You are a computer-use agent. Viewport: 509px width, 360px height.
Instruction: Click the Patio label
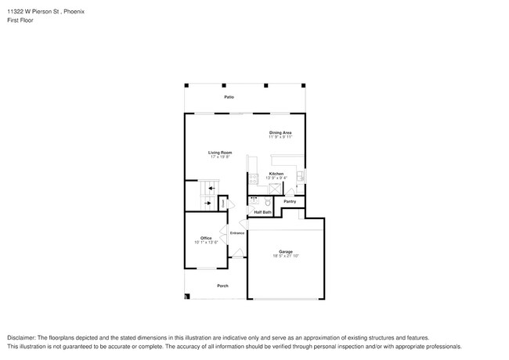tap(229, 97)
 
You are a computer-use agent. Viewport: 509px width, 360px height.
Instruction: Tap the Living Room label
tap(219, 153)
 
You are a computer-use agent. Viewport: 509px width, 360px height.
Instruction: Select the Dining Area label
tap(280, 133)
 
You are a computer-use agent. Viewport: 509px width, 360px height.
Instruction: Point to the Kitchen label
tap(276, 174)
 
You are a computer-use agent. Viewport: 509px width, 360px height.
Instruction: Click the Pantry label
tap(289, 202)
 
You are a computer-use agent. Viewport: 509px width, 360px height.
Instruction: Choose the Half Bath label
tap(262, 212)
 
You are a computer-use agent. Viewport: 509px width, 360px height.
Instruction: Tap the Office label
tap(206, 238)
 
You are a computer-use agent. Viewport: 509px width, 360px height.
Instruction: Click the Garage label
tap(285, 251)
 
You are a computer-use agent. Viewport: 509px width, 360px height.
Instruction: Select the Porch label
tap(222, 286)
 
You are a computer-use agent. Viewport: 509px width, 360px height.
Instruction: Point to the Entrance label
tap(237, 232)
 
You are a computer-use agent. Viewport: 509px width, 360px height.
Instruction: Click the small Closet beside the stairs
tap(222, 203)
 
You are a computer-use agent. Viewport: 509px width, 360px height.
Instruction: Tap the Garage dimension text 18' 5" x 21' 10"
tap(285, 256)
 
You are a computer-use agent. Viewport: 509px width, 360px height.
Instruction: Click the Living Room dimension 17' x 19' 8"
tap(219, 157)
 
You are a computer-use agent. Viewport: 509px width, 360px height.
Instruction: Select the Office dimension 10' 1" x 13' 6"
tap(206, 243)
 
